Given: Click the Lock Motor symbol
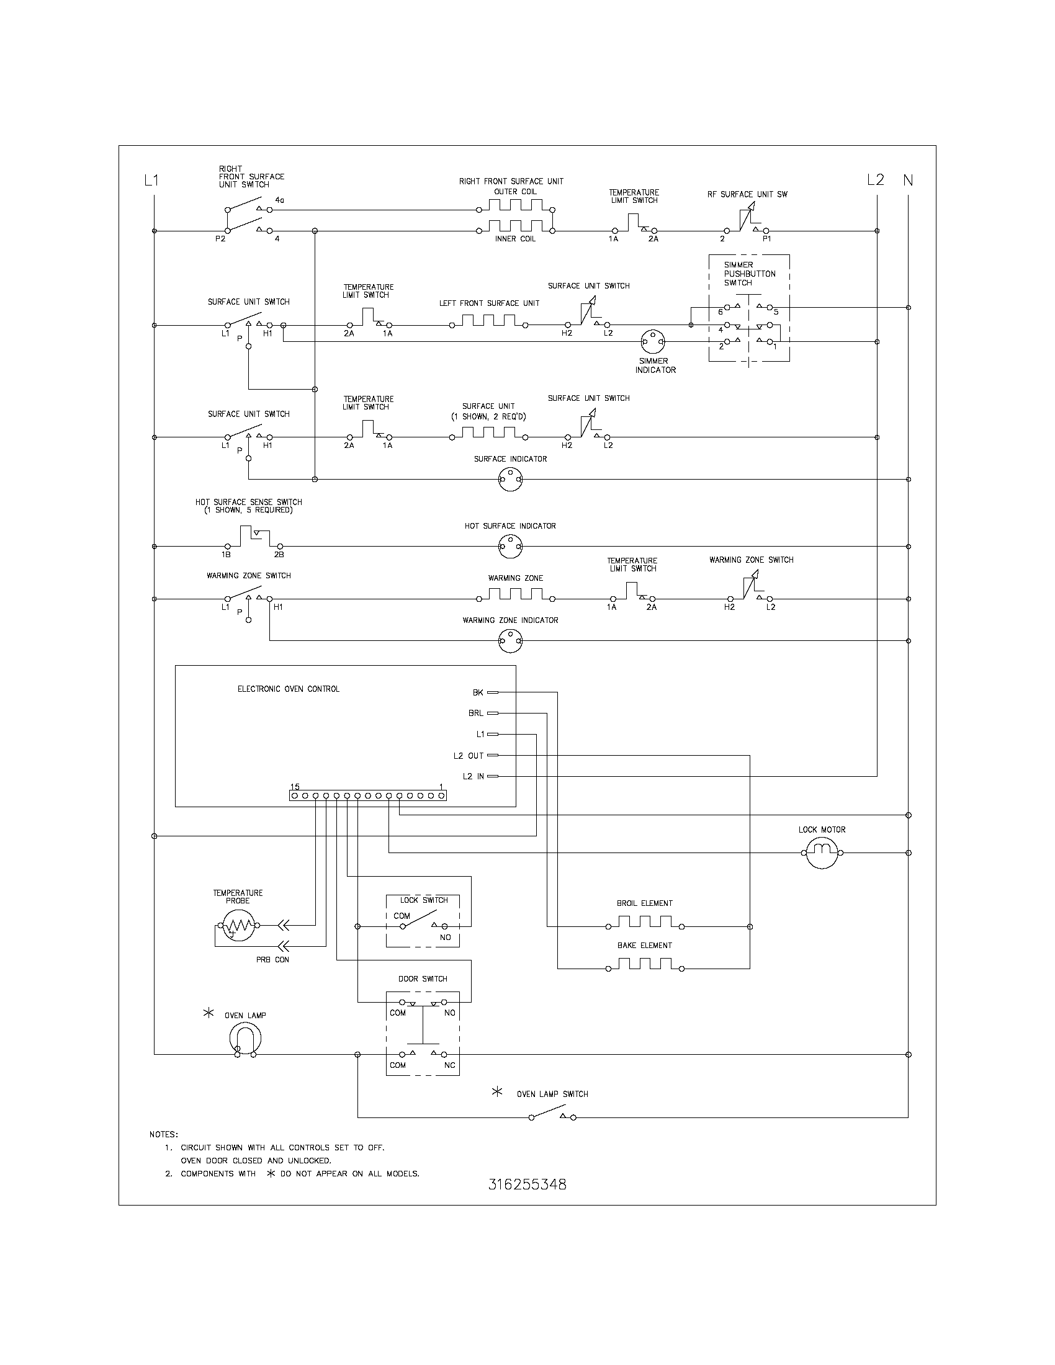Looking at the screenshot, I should coord(821,853).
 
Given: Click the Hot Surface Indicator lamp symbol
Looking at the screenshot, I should coord(510,547).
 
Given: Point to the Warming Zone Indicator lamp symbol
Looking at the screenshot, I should coord(510,641).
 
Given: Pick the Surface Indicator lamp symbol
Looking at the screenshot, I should coord(510,480).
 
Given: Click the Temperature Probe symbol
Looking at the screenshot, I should coord(238,926).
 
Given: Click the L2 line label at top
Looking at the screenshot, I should coord(876,180).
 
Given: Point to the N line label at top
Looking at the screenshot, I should coord(908,180).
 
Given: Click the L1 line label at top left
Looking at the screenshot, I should coord(151,181).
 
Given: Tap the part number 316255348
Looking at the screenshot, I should coord(527,1184).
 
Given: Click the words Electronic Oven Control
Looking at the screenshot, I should coord(288,689).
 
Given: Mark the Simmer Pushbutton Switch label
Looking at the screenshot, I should coord(750,274).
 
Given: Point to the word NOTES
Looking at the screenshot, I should coord(164,1134).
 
